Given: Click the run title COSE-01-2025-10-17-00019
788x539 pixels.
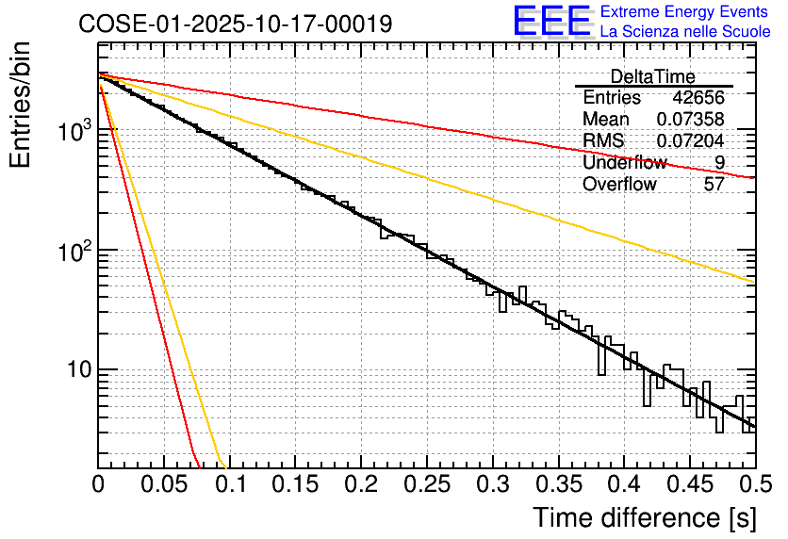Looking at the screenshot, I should click(x=235, y=24).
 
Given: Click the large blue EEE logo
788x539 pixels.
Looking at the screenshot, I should click(x=552, y=22).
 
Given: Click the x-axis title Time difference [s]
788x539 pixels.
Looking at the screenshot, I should click(x=644, y=517).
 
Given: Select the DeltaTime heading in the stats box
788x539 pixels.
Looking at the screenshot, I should click(x=653, y=76).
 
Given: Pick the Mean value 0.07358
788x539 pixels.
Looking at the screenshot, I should click(x=691, y=120).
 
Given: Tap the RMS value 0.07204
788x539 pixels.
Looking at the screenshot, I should click(x=691, y=141).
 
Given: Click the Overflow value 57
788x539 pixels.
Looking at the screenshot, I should click(x=714, y=184).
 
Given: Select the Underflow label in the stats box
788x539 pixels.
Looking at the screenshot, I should click(x=624, y=163).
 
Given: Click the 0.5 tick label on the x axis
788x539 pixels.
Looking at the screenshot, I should click(x=753, y=485).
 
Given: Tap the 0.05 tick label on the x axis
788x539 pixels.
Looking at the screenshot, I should click(x=164, y=485).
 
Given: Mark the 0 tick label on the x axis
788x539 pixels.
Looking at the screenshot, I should click(x=98, y=485).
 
